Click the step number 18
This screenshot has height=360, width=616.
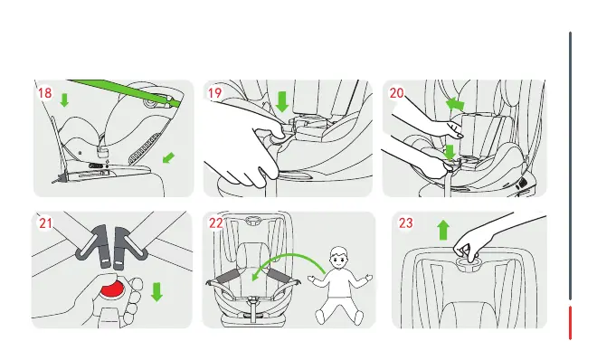click(x=45, y=93)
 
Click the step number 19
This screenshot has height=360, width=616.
click(x=214, y=93)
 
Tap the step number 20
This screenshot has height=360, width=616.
click(x=396, y=93)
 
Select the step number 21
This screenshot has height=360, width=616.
click(x=45, y=223)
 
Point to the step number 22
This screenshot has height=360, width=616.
click(x=215, y=223)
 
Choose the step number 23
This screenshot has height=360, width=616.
click(x=406, y=223)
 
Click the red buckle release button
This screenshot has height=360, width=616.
click(x=112, y=289)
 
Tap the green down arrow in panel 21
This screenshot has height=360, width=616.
click(x=156, y=291)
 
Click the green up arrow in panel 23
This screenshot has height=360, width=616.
click(x=443, y=230)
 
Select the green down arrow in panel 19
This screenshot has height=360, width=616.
click(x=282, y=101)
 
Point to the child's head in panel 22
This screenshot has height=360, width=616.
click(x=338, y=258)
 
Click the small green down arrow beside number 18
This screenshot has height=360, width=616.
click(x=64, y=100)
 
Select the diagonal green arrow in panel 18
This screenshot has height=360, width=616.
click(x=168, y=158)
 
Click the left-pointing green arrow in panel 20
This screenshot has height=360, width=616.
click(x=455, y=104)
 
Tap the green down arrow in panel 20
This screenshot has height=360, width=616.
click(x=450, y=153)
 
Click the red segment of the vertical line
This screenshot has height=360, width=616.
click(x=571, y=323)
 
